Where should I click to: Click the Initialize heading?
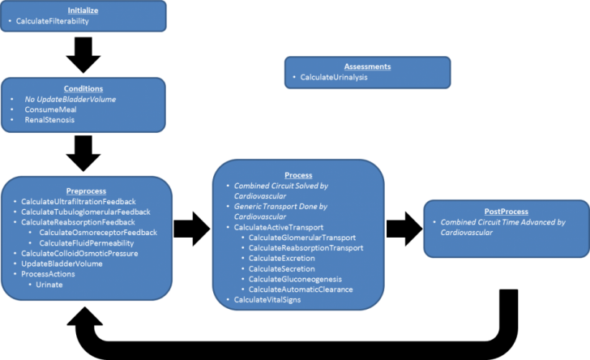click(84, 9)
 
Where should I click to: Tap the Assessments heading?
click(367, 66)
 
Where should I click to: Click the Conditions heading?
click(83, 88)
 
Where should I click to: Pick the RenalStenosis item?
click(49, 120)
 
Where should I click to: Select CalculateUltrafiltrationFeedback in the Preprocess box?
click(78, 201)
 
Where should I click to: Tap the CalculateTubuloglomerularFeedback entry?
click(86, 212)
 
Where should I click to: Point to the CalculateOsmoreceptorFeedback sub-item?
click(98, 233)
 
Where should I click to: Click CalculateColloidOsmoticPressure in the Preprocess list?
click(79, 254)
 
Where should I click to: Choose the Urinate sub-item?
click(49, 285)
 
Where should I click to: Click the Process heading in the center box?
click(298, 174)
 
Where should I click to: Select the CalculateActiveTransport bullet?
click(280, 227)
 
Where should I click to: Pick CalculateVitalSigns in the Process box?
click(269, 300)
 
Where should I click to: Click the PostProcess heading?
click(507, 210)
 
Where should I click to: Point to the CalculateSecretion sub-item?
click(282, 268)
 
